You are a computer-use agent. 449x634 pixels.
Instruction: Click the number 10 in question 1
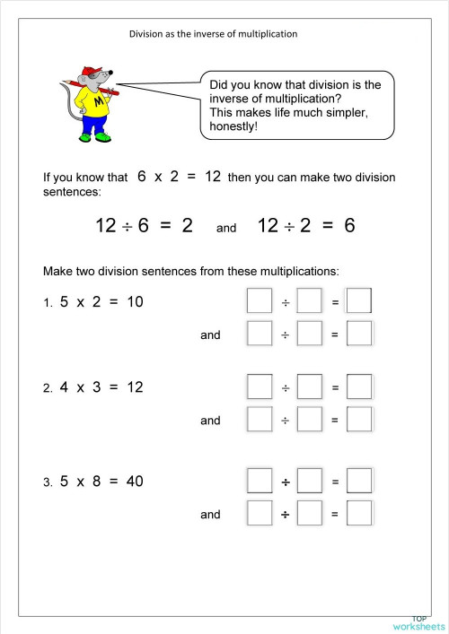pos(135,302)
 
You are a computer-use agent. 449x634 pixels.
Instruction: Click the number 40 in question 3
pos(135,482)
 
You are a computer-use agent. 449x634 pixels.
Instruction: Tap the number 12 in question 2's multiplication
pos(135,387)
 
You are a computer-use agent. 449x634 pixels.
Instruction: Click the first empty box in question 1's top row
pos(260,301)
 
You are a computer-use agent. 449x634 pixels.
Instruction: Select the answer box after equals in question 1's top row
pos(359,301)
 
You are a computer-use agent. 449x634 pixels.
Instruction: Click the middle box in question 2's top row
pos(310,387)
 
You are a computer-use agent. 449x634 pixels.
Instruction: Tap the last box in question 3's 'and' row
pos(359,514)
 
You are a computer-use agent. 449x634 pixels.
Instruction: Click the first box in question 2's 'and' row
pos(260,420)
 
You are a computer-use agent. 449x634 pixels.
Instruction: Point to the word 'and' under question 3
pos(210,515)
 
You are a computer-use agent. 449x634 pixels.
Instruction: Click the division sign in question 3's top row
pos(285,482)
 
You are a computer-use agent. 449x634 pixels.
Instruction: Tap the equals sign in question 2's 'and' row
pos(335,421)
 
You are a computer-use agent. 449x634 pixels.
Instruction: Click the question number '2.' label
pos(48,389)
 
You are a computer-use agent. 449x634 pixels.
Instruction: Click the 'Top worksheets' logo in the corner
pos(418,621)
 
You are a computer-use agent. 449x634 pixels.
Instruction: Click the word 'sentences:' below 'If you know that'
pos(72,192)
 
